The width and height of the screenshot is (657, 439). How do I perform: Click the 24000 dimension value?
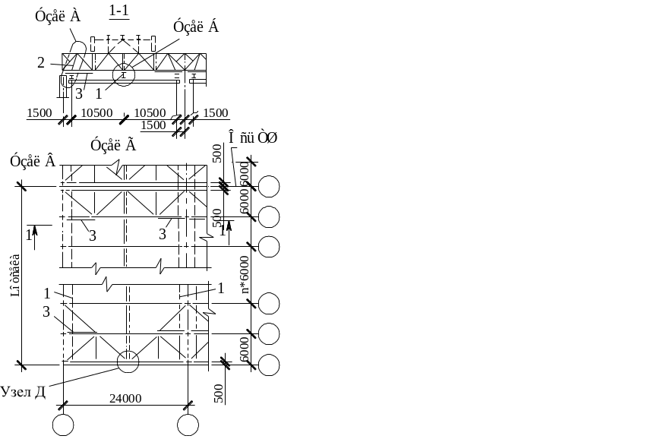click(x=126, y=397)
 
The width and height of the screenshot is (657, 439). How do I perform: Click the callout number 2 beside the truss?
click(x=41, y=63)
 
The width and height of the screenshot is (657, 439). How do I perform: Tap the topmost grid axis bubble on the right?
click(x=269, y=186)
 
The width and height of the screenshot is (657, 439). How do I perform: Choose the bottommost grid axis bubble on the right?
click(x=269, y=365)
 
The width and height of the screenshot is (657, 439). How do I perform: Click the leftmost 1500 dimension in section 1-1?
click(x=39, y=113)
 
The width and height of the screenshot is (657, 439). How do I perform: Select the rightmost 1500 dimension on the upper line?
click(x=215, y=113)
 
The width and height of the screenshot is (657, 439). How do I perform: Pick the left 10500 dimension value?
click(x=96, y=113)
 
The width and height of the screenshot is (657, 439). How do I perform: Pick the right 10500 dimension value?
click(x=150, y=113)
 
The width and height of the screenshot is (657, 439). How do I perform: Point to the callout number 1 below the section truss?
click(x=99, y=93)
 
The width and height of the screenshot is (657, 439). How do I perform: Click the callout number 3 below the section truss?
click(x=78, y=94)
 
